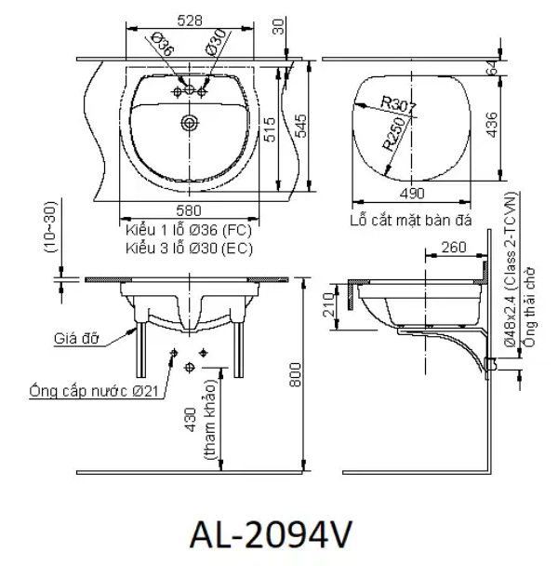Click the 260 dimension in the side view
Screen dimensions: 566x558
tap(455, 248)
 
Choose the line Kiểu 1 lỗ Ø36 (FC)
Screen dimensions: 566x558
tap(188, 229)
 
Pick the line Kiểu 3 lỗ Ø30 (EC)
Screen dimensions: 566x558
tap(188, 247)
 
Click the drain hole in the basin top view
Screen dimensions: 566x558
tap(191, 121)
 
